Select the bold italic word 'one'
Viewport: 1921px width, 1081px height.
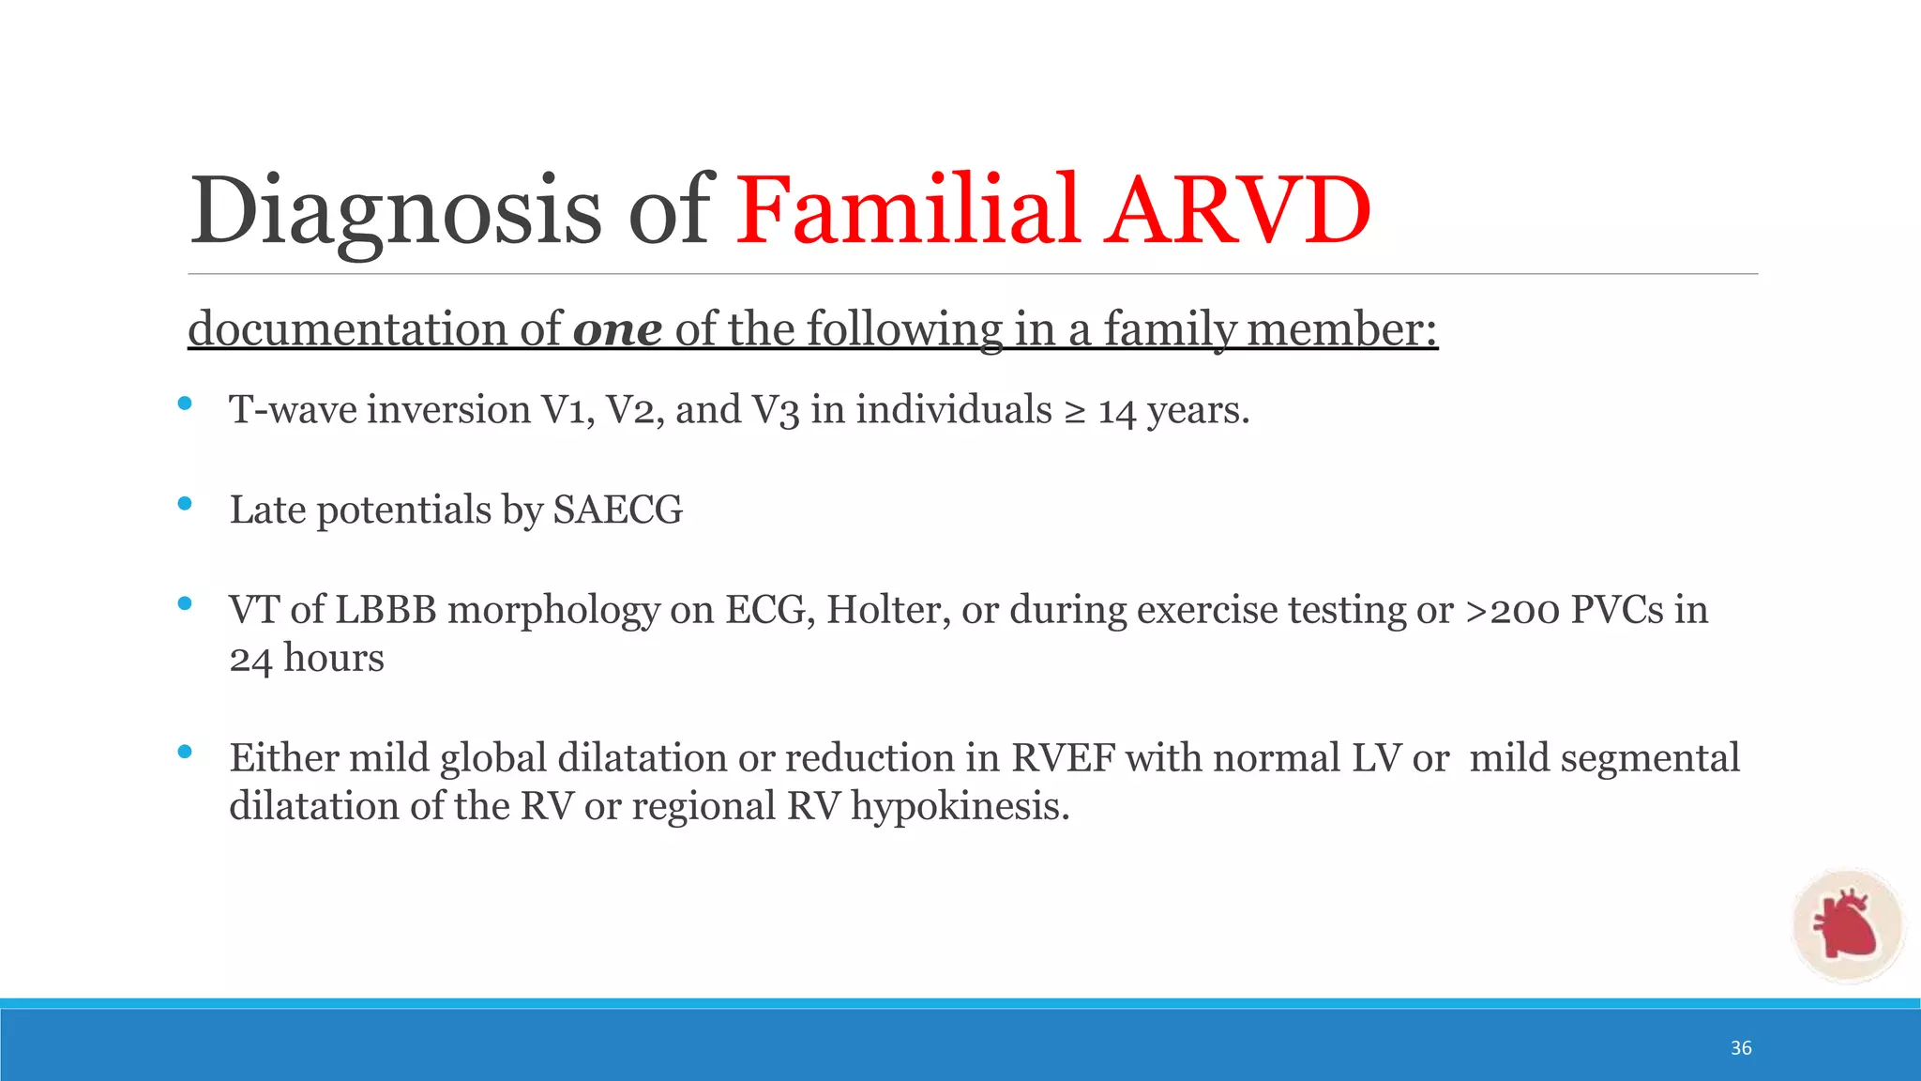tap(617, 329)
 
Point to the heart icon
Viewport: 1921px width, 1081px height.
tap(1845, 926)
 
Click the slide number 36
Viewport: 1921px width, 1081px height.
tap(1741, 1048)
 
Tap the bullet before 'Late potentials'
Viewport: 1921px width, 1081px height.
tap(185, 504)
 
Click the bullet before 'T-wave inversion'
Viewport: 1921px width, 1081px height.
tap(185, 403)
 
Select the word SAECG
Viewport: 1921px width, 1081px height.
tap(617, 510)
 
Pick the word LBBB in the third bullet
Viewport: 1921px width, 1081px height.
tap(386, 610)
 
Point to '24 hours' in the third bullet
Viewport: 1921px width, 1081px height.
tap(307, 659)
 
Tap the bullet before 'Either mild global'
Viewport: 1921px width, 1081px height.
tap(185, 751)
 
